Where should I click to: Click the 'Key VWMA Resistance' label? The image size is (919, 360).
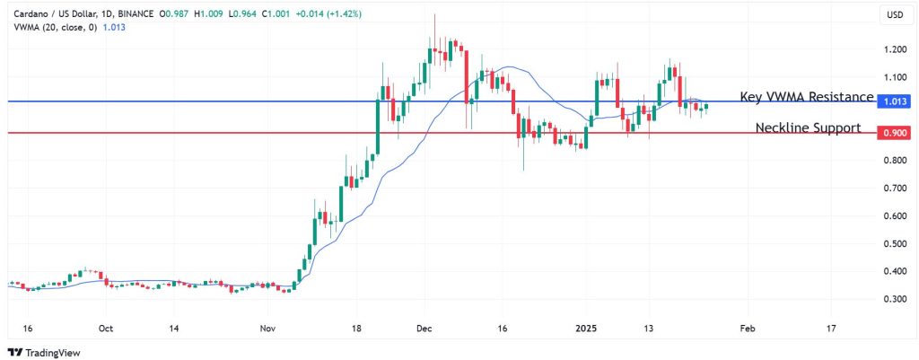coord(807,97)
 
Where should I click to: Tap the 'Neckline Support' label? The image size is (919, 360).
coord(808,128)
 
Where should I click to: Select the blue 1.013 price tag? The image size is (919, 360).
coord(894,101)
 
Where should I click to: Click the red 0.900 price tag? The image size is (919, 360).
coord(894,133)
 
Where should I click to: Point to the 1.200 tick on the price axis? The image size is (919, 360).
coord(894,50)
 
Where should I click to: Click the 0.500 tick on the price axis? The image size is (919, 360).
coord(894,243)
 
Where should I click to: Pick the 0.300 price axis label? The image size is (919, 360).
coord(894,299)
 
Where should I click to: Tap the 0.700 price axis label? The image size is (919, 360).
coord(894,189)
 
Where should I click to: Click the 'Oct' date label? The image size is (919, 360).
coord(106,329)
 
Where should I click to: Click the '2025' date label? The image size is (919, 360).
coord(586,329)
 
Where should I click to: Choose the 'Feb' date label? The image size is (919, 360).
coord(746,329)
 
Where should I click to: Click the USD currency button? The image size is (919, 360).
coord(894,15)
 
